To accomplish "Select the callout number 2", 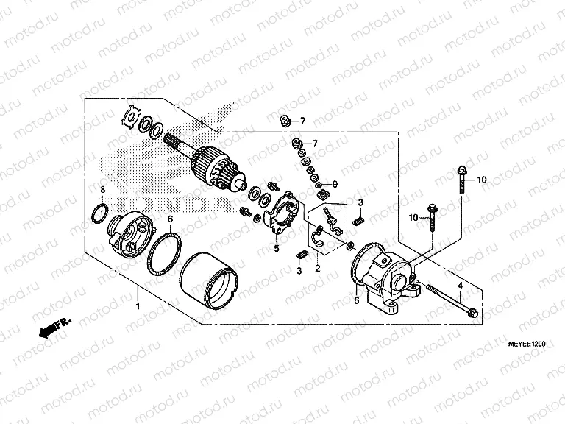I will tap(318, 268).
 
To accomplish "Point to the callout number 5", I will tap(277, 249).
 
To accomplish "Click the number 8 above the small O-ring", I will tap(103, 190).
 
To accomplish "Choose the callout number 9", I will tap(334, 183).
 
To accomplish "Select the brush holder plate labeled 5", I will tap(282, 215).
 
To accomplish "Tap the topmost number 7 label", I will tap(301, 121).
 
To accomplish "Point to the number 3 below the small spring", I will tap(300, 271).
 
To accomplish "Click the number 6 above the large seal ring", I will tap(170, 219).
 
